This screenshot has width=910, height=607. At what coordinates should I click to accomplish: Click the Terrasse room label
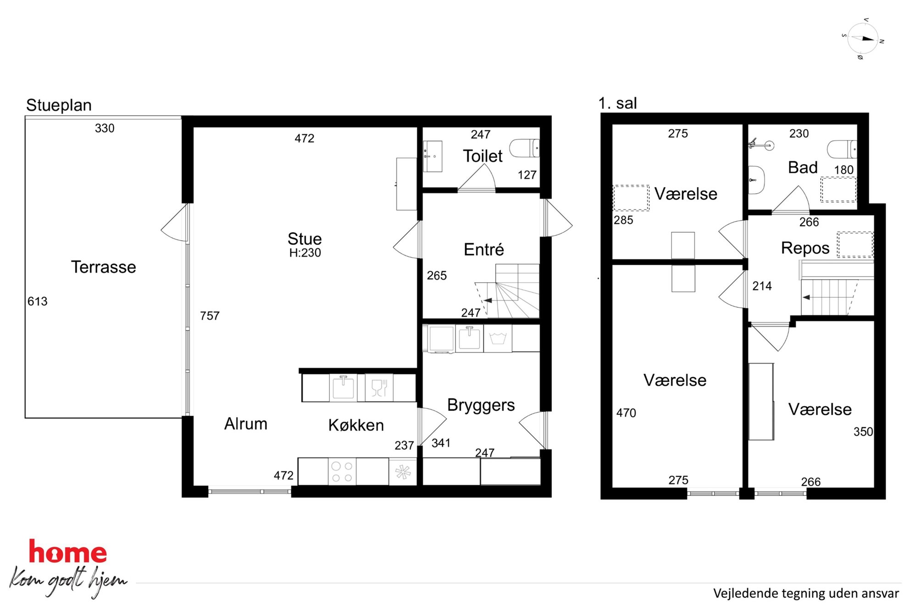click(x=103, y=267)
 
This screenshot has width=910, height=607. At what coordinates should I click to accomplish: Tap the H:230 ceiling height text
click(x=305, y=253)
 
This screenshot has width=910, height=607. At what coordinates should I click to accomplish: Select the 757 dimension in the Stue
click(x=210, y=316)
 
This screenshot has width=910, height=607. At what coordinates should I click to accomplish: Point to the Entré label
click(x=483, y=250)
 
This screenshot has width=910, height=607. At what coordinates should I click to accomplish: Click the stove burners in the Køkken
click(x=342, y=472)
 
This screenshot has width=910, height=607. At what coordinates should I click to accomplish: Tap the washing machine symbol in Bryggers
click(x=498, y=339)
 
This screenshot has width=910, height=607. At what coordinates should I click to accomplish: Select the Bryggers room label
click(x=481, y=405)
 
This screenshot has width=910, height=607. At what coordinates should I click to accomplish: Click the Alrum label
click(x=245, y=424)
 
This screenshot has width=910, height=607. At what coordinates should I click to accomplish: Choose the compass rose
click(x=863, y=39)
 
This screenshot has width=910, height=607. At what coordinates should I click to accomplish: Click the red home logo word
click(x=67, y=551)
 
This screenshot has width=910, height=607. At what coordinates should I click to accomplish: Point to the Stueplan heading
click(x=59, y=106)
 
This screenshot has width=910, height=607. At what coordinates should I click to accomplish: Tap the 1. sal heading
click(x=617, y=103)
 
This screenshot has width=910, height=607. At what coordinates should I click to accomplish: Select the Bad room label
click(x=803, y=167)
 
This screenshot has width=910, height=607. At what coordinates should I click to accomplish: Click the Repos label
click(x=805, y=248)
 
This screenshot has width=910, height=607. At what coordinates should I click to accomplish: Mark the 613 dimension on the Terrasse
click(x=37, y=301)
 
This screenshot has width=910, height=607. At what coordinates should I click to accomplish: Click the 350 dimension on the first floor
click(x=863, y=432)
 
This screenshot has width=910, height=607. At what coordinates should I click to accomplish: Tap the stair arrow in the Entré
click(x=487, y=301)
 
